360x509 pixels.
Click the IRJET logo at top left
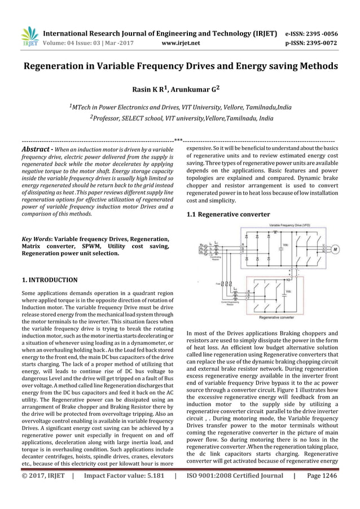pyautogui.click(x=29, y=34)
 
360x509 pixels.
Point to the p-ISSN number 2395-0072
pyautogui.click(x=324, y=41)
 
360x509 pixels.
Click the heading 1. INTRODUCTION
pyautogui.click(x=49, y=279)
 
